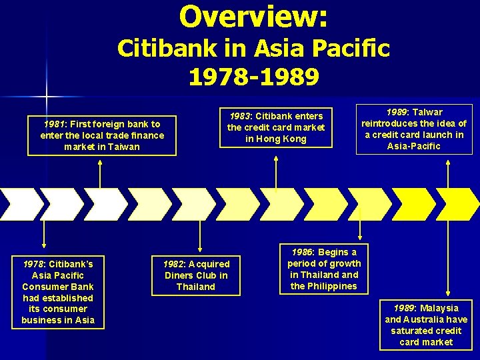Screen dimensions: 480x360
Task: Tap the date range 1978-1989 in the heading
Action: (253, 77)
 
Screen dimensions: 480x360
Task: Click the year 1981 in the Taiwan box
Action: (53, 124)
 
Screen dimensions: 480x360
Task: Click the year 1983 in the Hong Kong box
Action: (242, 116)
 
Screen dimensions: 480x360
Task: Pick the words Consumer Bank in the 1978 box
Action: (58, 287)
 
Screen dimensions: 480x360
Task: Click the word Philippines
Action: (333, 286)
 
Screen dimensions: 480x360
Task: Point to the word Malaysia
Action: (439, 308)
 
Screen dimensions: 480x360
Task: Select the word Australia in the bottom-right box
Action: (425, 319)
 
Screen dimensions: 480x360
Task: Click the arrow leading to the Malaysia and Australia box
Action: (447, 260)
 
